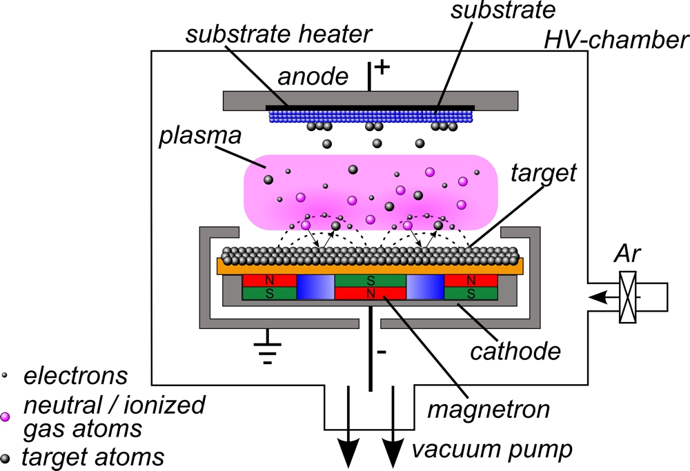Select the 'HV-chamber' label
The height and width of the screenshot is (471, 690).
(616, 41)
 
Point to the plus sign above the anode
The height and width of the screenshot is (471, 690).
(382, 68)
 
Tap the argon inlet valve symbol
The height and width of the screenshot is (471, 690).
(628, 296)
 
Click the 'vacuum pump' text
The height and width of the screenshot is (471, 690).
(493, 450)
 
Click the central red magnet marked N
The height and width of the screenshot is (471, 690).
(371, 293)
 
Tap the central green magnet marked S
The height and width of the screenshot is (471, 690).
(371, 280)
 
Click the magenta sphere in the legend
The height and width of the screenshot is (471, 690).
(6, 417)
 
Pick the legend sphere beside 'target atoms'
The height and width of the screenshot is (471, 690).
(6, 457)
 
